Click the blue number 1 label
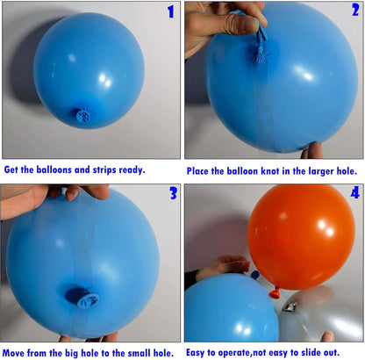pyautogui.click(x=171, y=11)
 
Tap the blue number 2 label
pyautogui.click(x=355, y=10)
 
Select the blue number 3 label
pyautogui.click(x=174, y=193)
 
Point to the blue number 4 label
pyautogui.click(x=355, y=193)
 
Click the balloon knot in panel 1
pyautogui.click(x=83, y=115)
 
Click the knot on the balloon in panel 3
pyautogui.click(x=82, y=298)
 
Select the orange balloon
pyautogui.click(x=301, y=237)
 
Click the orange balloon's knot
pyautogui.click(x=275, y=293)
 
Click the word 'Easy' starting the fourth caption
pyautogui.click(x=196, y=353)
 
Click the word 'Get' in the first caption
pyautogui.click(x=11, y=169)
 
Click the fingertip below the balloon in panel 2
pyautogui.click(x=313, y=150)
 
